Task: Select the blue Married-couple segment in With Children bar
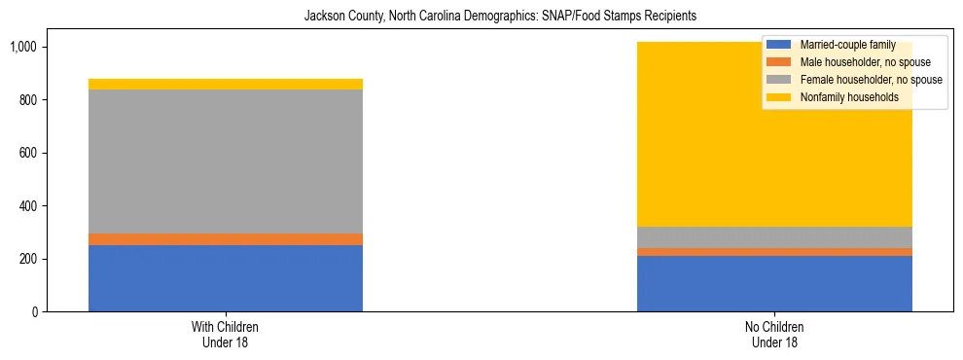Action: [x=226, y=278]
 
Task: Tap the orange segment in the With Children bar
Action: [x=226, y=239]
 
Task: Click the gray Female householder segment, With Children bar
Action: [x=226, y=162]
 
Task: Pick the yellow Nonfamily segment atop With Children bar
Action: [x=226, y=85]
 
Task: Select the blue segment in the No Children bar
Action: [x=774, y=283]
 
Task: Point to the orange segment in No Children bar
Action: [x=774, y=252]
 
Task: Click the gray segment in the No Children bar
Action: [x=774, y=237]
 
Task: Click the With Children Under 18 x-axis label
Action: [x=226, y=335]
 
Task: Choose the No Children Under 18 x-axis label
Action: [x=774, y=335]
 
